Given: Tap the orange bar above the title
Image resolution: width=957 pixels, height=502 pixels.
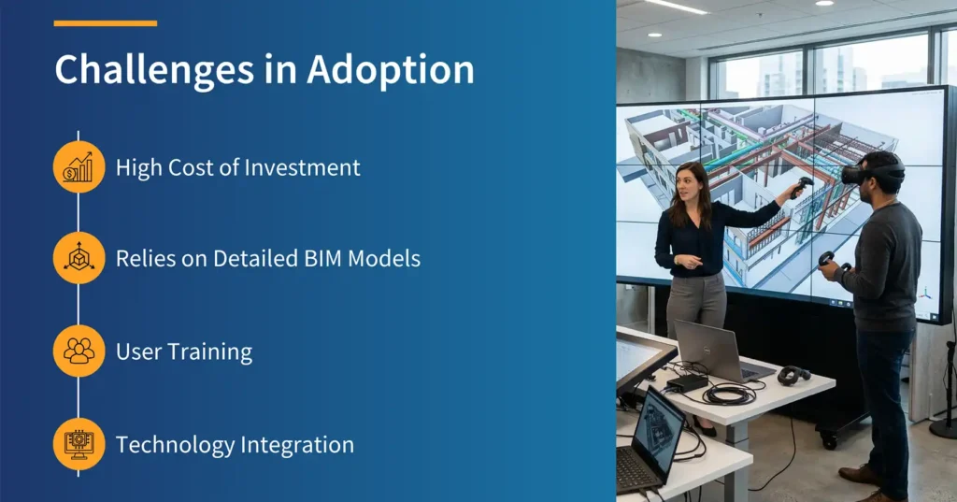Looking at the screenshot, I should click(x=105, y=23).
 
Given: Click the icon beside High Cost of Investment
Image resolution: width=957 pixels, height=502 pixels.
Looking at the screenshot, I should click(x=79, y=167).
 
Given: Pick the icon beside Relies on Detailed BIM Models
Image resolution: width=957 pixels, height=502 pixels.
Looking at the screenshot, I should click(x=79, y=258).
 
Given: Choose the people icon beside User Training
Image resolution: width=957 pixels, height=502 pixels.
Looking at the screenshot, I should click(x=79, y=351).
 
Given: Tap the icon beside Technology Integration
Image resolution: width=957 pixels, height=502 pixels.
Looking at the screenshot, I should click(x=79, y=444).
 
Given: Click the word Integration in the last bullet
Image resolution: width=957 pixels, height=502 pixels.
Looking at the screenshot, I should click(x=300, y=445).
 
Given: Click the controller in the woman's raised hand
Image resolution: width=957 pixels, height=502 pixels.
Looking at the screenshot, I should click(x=800, y=186).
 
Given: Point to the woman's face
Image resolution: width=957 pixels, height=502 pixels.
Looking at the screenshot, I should click(x=692, y=182).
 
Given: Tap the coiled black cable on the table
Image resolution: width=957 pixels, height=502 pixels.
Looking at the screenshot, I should click(x=729, y=394).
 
